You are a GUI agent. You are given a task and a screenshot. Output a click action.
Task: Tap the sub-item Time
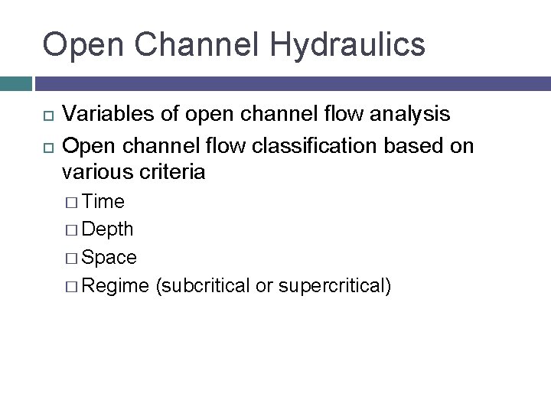click(x=103, y=201)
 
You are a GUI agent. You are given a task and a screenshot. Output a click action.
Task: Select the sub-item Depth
click(x=107, y=229)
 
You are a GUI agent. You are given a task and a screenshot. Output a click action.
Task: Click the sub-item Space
click(x=109, y=258)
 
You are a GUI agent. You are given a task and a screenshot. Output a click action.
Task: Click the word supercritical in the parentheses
click(x=335, y=286)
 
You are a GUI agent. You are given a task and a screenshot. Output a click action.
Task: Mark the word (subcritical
click(x=200, y=286)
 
